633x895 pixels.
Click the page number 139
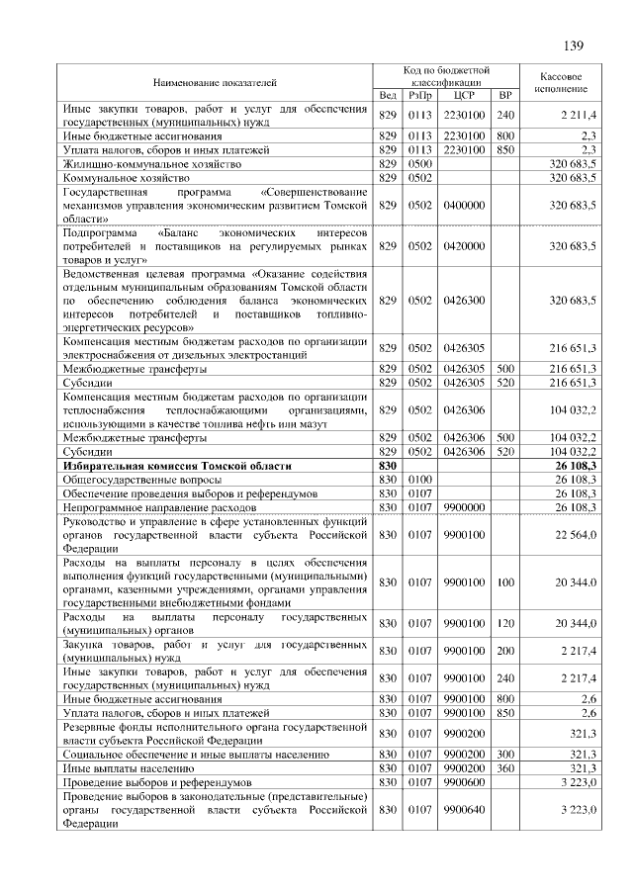(574, 45)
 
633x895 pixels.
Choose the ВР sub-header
(505, 96)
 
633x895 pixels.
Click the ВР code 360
(505, 766)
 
